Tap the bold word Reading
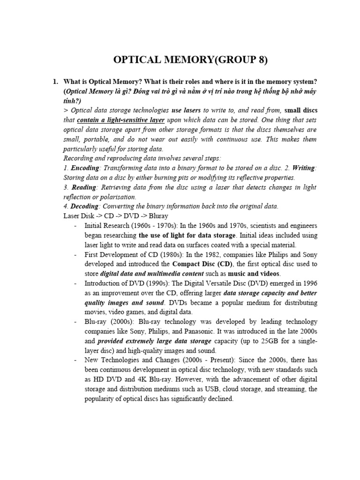82,187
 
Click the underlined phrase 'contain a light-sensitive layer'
120,120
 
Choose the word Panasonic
218,331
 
